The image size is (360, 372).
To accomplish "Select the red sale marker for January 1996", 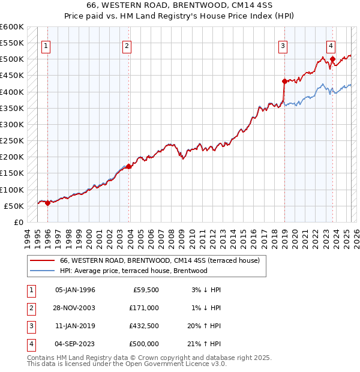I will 47,203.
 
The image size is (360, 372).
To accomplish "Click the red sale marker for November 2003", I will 128,166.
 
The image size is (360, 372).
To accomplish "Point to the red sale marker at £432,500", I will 284,81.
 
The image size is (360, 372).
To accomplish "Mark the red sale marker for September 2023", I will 332,59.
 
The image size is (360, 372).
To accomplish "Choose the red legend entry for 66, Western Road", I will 159,260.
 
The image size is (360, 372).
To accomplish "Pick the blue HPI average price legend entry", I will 133,271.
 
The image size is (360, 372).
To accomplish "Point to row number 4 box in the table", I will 31,344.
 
